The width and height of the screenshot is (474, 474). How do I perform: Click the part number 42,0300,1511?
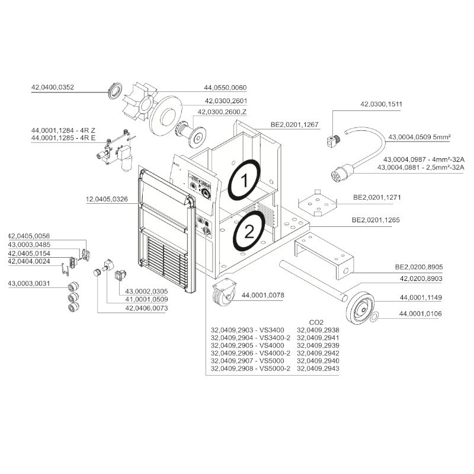pos(381,104)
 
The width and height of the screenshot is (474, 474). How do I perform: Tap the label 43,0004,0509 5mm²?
pos(419,137)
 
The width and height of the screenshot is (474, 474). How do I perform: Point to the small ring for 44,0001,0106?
pos(374,318)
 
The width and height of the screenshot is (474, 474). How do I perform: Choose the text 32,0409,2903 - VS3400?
pos(248,330)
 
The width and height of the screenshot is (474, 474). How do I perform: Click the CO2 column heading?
pos(317,322)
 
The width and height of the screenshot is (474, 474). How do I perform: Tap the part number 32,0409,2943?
pos(318,369)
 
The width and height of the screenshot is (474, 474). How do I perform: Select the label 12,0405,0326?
pos(103,200)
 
